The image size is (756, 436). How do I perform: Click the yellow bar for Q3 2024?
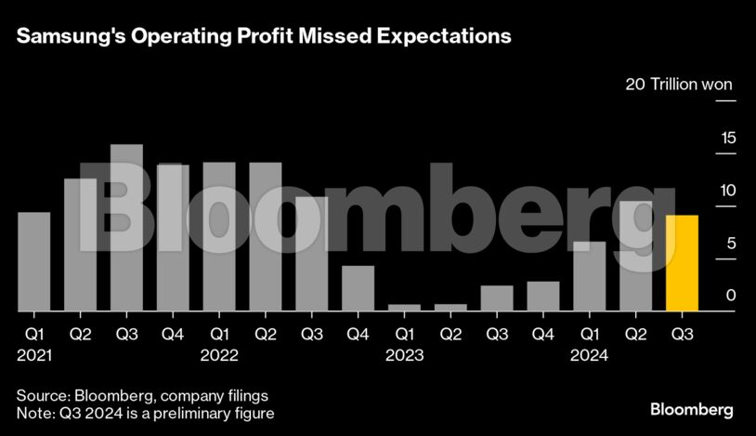coord(682,263)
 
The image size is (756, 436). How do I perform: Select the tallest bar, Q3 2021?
coord(126,228)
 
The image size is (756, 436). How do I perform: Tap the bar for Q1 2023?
coord(404,307)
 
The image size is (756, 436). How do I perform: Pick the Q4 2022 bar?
coord(358,288)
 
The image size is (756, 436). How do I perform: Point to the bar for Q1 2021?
coord(34,261)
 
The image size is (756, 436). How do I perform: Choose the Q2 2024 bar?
coord(636,256)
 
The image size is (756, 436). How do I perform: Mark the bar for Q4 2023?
coord(543,296)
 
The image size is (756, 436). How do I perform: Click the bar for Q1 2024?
coord(590,276)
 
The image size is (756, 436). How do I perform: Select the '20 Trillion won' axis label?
coord(679,85)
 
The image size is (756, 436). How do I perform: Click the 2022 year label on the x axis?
coord(219,355)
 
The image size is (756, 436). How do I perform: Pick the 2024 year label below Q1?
coord(589,355)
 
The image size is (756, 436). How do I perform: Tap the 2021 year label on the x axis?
coord(34,355)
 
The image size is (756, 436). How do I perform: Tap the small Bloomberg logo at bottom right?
coord(691,409)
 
